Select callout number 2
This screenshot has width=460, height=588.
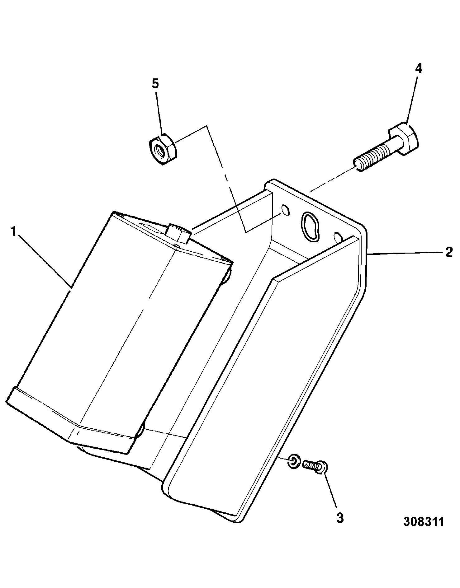point(448,252)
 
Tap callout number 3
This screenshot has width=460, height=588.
point(340,518)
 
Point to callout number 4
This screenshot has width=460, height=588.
point(419,68)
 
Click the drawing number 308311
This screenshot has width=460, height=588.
point(423,522)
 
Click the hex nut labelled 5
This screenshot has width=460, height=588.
point(162,148)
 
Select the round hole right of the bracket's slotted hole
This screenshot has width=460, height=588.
point(338,237)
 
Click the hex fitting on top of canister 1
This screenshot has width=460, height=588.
point(178,233)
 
